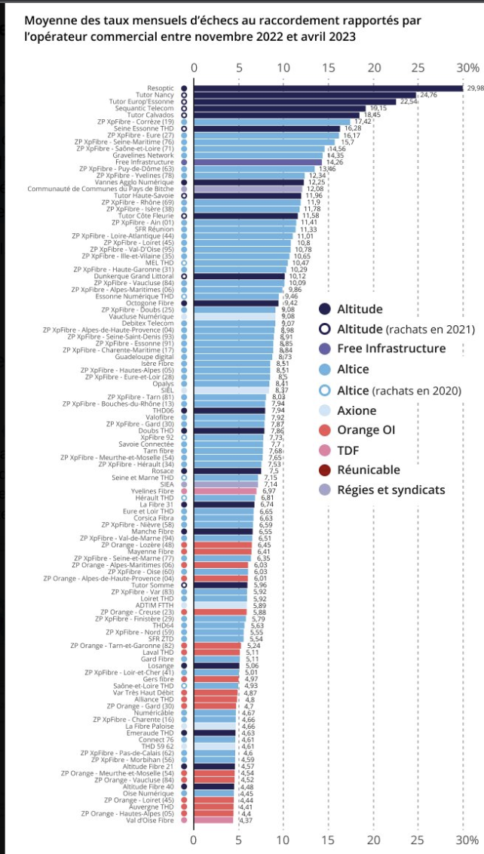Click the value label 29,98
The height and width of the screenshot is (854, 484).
(x=475, y=88)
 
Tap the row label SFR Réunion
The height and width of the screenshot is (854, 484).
(x=155, y=229)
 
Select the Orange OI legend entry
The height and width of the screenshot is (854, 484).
(x=366, y=430)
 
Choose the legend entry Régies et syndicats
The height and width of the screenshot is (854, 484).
(x=391, y=490)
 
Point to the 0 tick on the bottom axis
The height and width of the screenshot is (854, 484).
(x=194, y=839)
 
